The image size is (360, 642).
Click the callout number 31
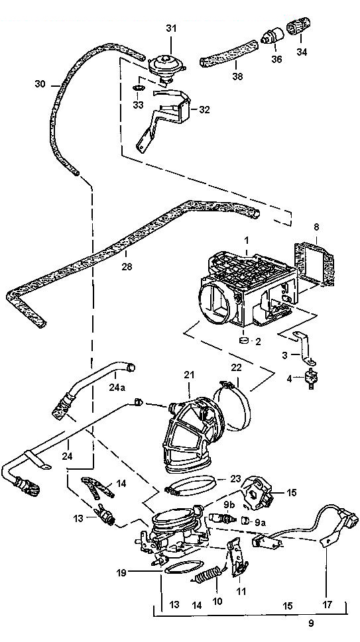point(171,28)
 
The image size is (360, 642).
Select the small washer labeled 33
point(139,88)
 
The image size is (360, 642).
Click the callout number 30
point(40,84)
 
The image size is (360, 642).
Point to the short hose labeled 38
point(229,54)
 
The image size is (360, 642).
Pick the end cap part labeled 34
point(298,27)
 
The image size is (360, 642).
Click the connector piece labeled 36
point(272,36)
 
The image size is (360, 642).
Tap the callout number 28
point(127,266)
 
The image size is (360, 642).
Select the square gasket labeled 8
point(314,264)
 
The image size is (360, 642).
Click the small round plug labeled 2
point(244,340)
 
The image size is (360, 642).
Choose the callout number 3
point(285,355)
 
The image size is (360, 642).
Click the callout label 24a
point(117,387)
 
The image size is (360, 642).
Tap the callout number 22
point(236,368)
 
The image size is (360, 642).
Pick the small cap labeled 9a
point(245,520)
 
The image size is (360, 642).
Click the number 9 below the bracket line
point(311,623)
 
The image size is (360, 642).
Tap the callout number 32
point(204,110)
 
